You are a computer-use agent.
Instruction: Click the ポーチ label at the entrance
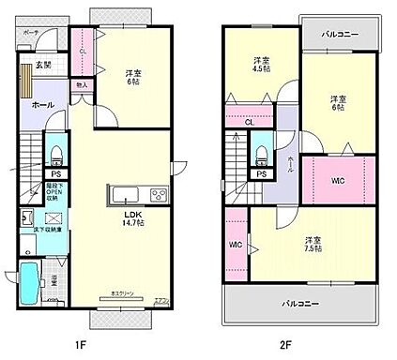pos(31,32)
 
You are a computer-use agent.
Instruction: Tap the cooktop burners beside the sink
pos(156,195)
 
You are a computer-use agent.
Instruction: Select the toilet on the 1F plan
pos(56,153)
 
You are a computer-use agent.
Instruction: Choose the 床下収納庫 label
pos(51,229)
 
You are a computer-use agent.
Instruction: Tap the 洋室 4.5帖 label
pos(262,63)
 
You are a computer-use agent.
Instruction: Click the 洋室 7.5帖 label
pos(311,246)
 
